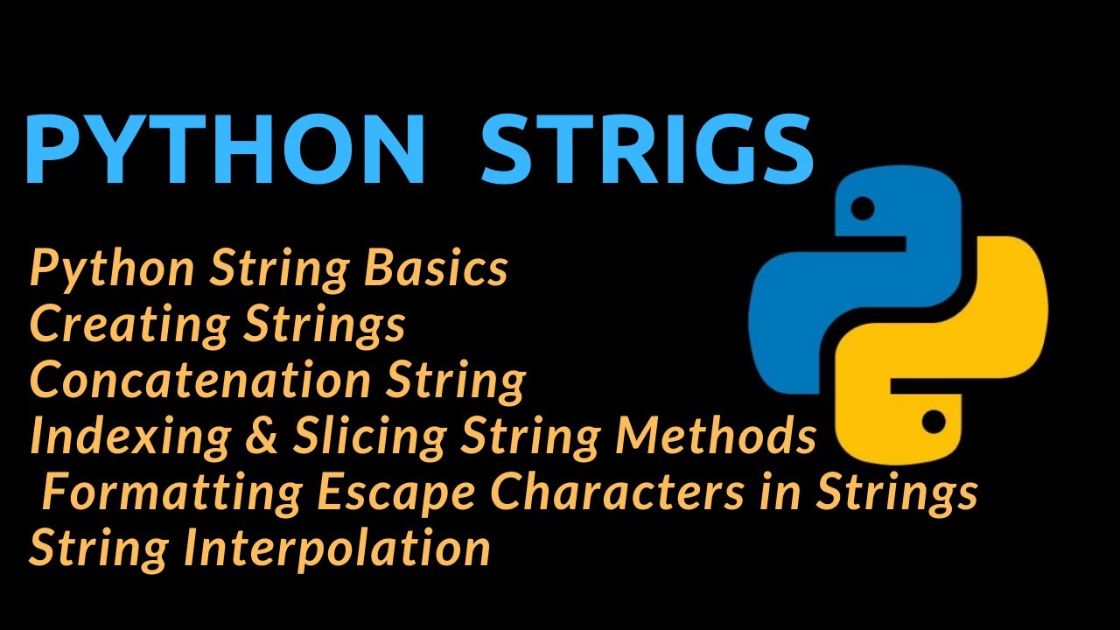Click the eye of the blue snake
click(863, 209)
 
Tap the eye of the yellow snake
click(934, 423)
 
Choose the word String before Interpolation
click(100, 548)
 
